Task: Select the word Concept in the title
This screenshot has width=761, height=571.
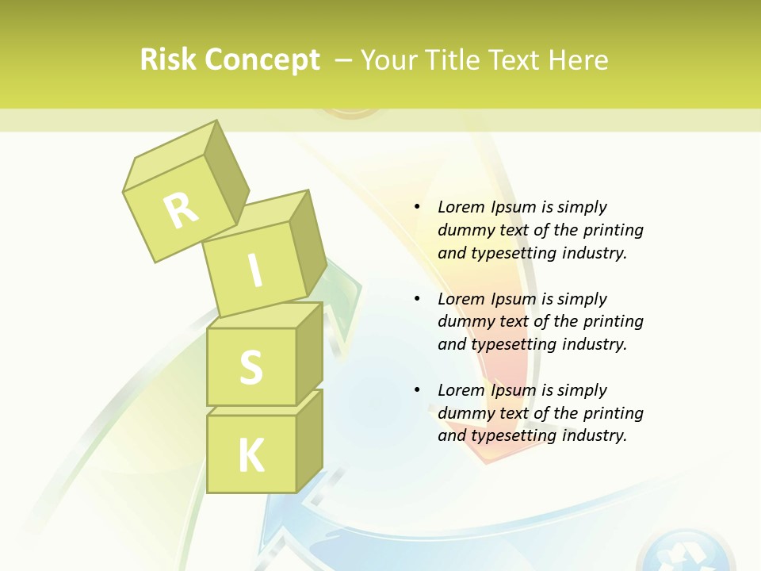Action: click(262, 61)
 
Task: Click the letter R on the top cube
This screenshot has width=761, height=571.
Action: click(182, 209)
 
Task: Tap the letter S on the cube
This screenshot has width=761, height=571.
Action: click(251, 367)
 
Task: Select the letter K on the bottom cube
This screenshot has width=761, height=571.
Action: click(251, 455)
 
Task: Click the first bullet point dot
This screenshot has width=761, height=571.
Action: click(417, 207)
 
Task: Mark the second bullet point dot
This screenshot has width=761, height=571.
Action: click(417, 299)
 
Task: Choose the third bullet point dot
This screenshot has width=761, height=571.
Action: click(417, 390)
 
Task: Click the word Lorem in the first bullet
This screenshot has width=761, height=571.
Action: click(460, 207)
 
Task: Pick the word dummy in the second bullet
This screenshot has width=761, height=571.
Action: click(464, 321)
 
